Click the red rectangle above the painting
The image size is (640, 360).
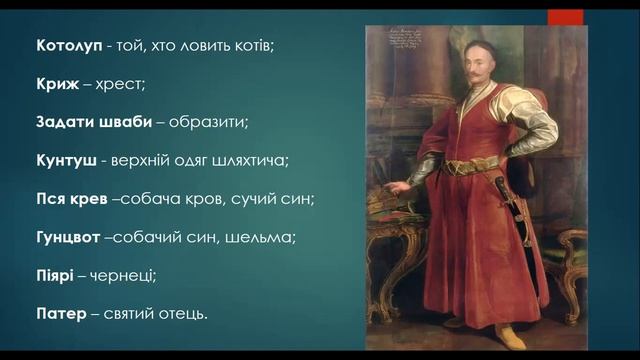coord(566,16)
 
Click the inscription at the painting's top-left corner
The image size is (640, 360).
coord(398,45)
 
